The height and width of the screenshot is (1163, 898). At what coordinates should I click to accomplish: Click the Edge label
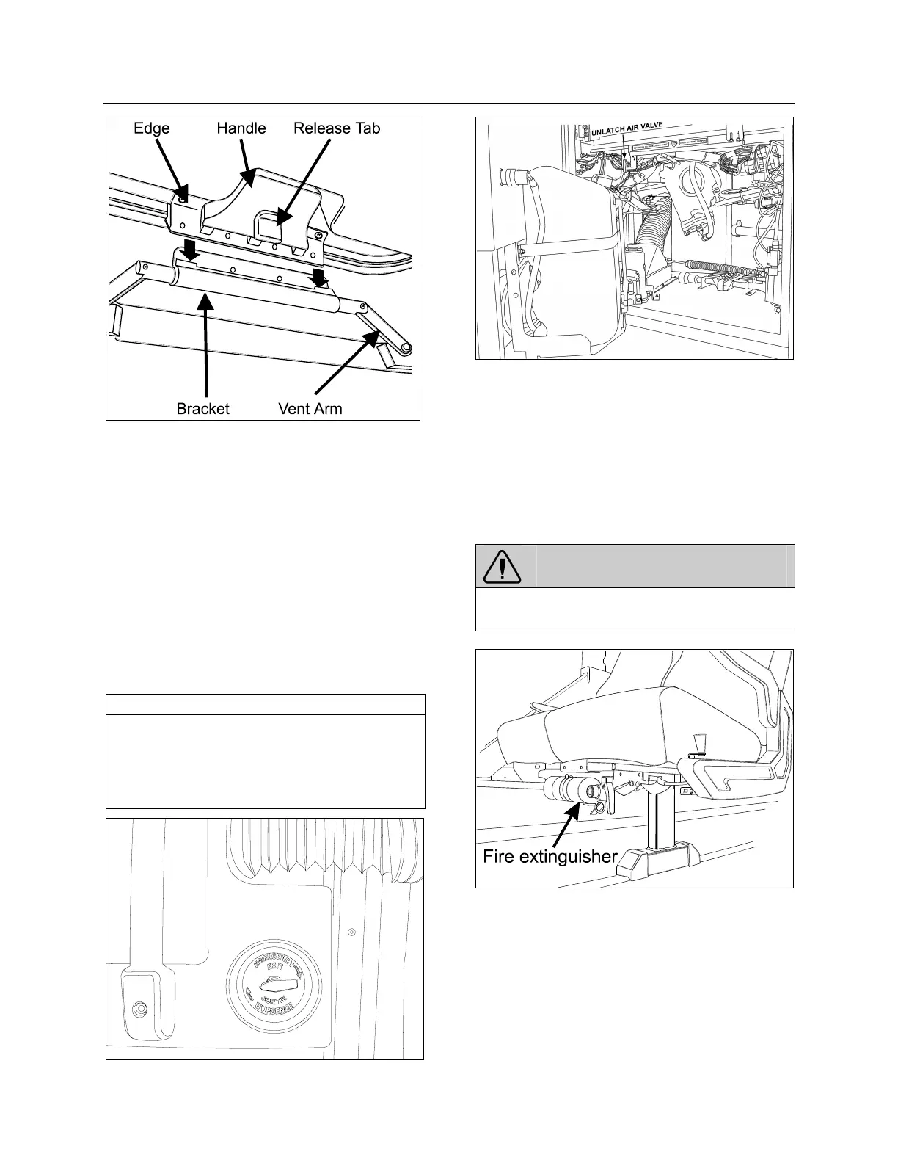(151, 128)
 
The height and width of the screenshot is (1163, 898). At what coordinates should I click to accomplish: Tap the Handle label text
(241, 128)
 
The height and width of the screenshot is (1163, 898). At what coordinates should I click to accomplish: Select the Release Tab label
(337, 128)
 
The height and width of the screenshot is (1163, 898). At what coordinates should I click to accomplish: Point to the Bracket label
(202, 409)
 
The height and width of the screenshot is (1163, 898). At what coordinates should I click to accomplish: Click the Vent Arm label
(310, 409)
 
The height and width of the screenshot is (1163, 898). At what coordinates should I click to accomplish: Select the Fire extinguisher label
(550, 857)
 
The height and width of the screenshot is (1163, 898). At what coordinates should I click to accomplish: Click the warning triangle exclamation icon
(502, 566)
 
